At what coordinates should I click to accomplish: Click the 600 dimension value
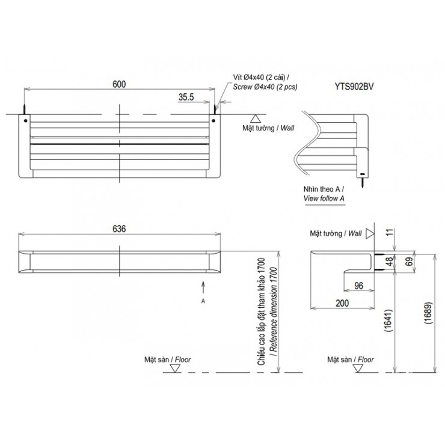point(119,85)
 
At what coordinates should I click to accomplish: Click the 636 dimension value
point(119,229)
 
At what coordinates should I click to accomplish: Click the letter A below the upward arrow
point(203,299)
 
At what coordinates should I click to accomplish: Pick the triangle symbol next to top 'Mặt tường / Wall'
point(255,118)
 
